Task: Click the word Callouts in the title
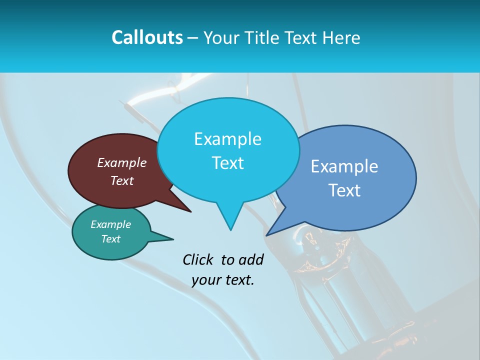pos(147,37)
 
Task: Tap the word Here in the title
pos(341,37)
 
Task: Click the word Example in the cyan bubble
pos(227,139)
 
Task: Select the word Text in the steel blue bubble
pos(344,190)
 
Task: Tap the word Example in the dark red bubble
pos(122,162)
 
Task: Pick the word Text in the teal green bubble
pos(111,239)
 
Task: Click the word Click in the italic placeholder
pos(198,259)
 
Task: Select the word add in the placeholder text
pos(250,259)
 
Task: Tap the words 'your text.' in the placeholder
pos(223,280)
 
